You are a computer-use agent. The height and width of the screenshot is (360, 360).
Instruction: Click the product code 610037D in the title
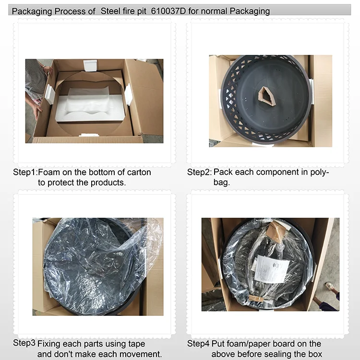coord(168,11)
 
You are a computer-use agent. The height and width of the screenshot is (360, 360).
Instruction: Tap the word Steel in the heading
coord(111,11)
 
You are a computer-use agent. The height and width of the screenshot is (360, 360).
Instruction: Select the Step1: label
coord(25,172)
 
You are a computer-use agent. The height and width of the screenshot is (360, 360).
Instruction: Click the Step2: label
coord(199,172)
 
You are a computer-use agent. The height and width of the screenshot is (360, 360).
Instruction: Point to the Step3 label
coord(24,343)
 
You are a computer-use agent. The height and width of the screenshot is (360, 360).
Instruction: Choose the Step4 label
coord(198,344)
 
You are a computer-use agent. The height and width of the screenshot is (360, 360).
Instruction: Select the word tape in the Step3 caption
coord(137,344)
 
